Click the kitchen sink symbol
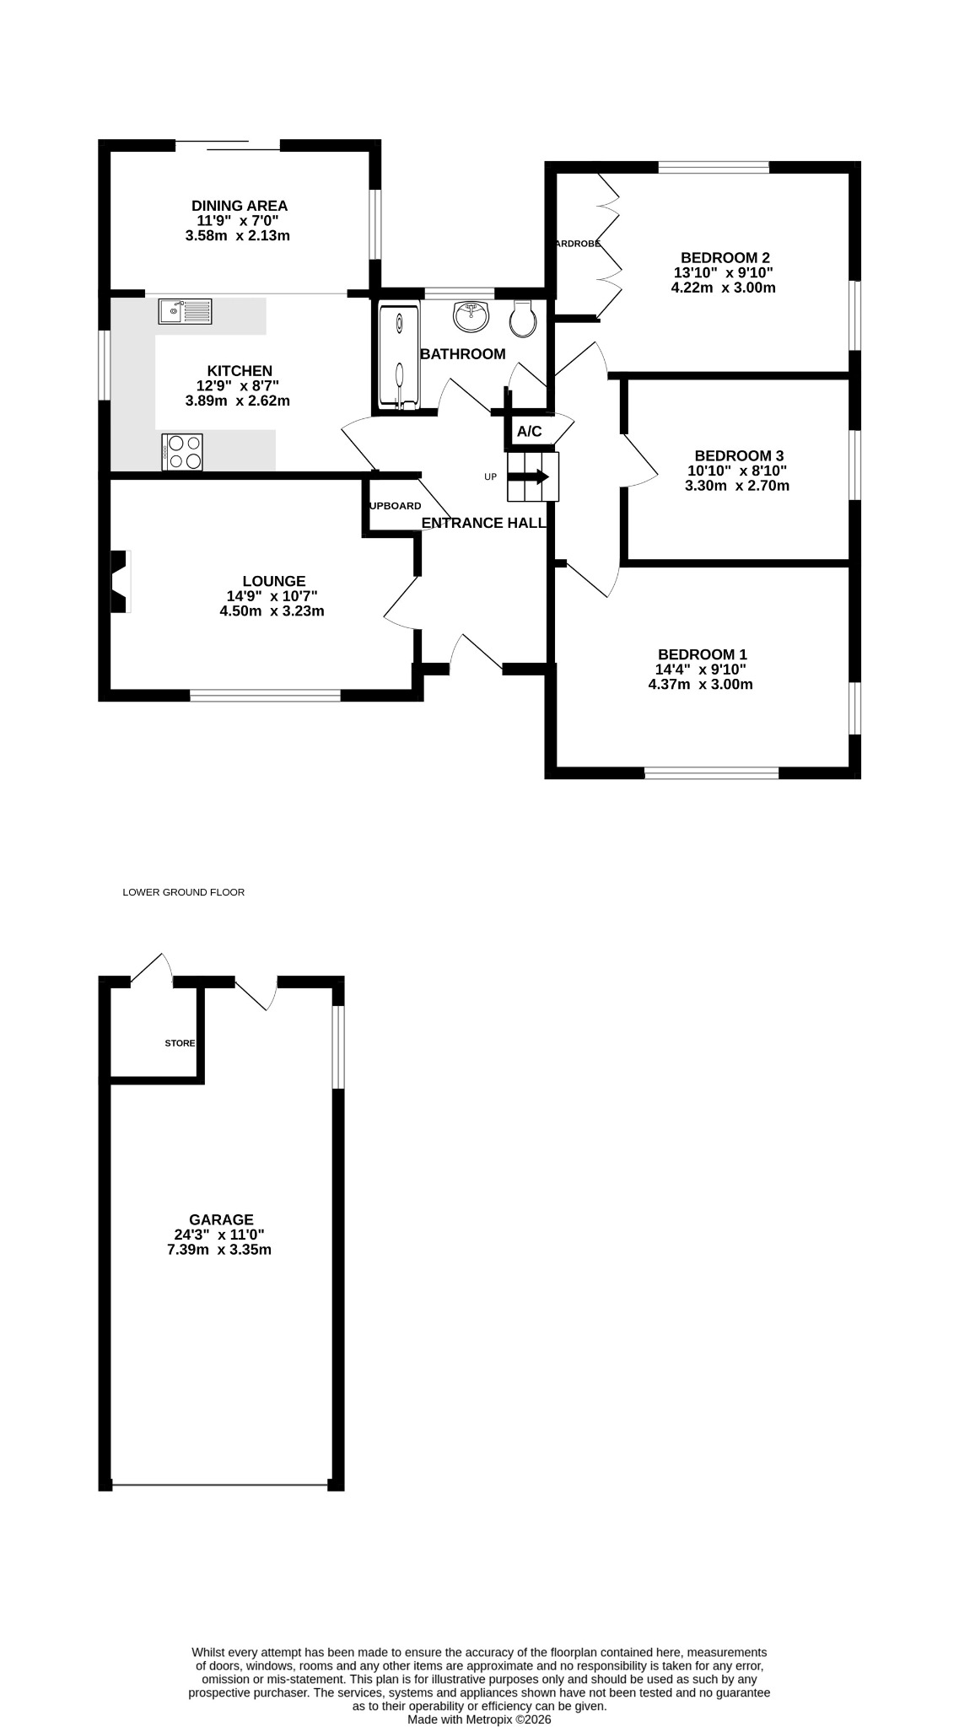click(186, 311)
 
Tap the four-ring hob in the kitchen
click(182, 452)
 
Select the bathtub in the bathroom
click(399, 357)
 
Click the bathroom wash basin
click(471, 317)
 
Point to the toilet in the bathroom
click(524, 318)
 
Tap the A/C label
click(530, 432)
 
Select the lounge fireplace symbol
click(120, 582)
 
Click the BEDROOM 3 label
click(738, 456)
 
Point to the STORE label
click(180, 1043)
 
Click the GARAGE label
click(221, 1219)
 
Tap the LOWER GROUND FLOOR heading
click(184, 892)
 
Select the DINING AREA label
click(240, 206)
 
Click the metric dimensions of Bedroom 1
click(700, 685)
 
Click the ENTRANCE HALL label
click(483, 523)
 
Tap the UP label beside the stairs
click(491, 477)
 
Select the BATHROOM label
click(463, 354)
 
